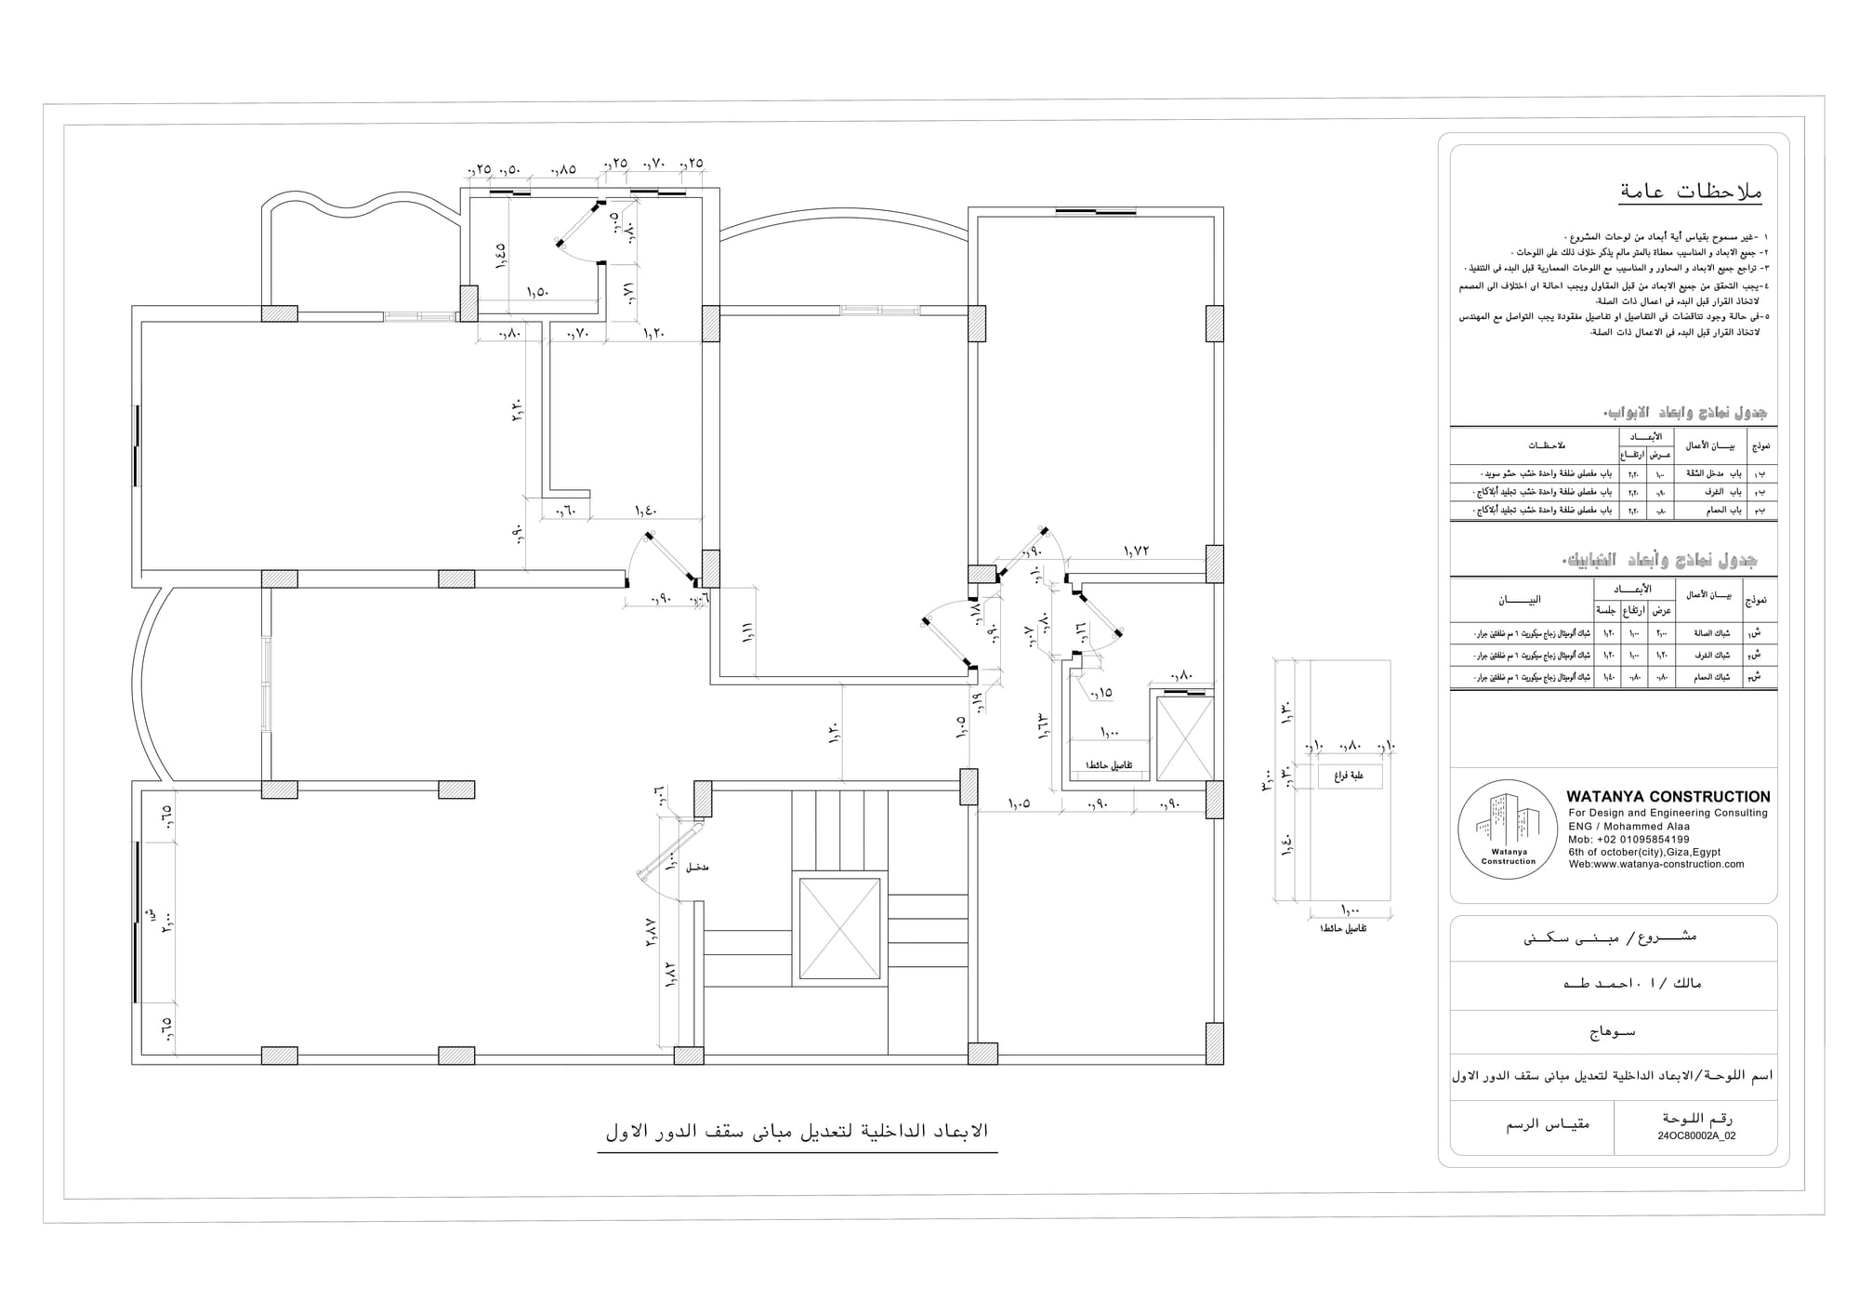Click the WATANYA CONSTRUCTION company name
(1668, 797)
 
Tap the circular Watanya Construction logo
(1508, 830)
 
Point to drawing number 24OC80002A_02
(1696, 1135)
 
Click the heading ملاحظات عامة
(1689, 192)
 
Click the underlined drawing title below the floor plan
(797, 1132)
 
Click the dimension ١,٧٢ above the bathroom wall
(1136, 551)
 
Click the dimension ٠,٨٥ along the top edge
(563, 169)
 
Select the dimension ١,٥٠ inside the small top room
(537, 292)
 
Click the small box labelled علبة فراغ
(1350, 776)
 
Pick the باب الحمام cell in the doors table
(1707, 511)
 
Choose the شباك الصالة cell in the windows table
(1707, 634)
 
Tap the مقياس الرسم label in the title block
(1548, 1124)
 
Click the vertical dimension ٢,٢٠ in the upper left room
(518, 411)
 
